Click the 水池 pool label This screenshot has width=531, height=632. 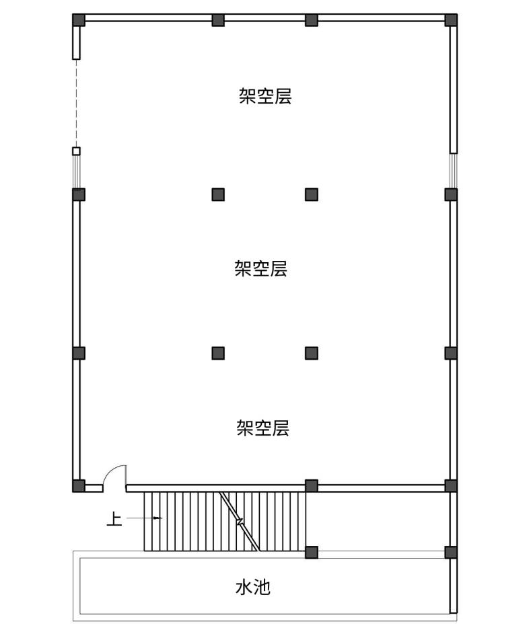click(x=253, y=588)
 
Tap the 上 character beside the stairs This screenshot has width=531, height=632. click(x=115, y=519)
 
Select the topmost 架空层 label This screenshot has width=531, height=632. click(x=265, y=96)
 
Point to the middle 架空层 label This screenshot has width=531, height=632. click(x=261, y=269)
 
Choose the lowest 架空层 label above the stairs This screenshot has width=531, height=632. click(x=262, y=428)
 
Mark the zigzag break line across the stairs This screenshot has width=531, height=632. click(x=240, y=520)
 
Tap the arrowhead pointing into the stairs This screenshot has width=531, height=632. click(x=157, y=518)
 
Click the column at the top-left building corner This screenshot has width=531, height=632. click(x=79, y=19)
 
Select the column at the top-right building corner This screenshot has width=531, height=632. click(x=451, y=19)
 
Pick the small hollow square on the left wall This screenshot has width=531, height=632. click(x=76, y=151)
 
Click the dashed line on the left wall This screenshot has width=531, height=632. click(x=76, y=101)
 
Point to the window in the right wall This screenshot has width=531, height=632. click(x=453, y=171)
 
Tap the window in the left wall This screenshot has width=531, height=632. click(x=76, y=172)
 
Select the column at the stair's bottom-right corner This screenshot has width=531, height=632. click(x=312, y=552)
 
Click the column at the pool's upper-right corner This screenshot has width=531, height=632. click(x=451, y=552)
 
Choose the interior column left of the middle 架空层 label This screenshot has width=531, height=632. click(x=218, y=194)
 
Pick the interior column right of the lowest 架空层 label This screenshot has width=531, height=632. click(x=312, y=353)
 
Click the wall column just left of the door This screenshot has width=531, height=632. click(x=79, y=485)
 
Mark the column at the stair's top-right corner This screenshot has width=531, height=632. click(x=312, y=485)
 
